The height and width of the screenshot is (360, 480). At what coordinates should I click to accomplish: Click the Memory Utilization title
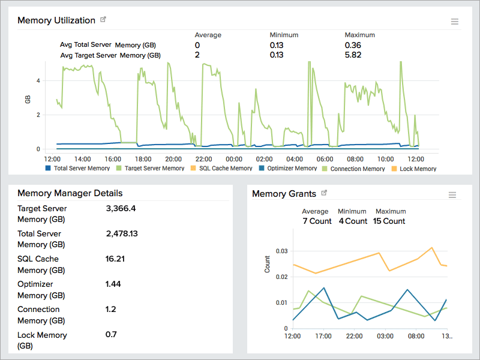pyautogui.click(x=56, y=20)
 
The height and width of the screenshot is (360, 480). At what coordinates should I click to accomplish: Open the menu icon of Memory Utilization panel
pyautogui.click(x=455, y=22)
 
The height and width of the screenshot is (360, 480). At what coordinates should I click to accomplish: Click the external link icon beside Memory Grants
pyautogui.click(x=325, y=193)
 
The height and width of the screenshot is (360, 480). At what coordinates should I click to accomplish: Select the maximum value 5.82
pyautogui.click(x=353, y=55)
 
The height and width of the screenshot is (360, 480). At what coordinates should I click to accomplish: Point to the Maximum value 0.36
pyautogui.click(x=353, y=45)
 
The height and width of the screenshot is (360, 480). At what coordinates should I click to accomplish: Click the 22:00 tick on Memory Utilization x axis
pyautogui.click(x=203, y=159)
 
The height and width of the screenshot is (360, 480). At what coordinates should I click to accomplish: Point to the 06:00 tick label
pyautogui.click(x=325, y=159)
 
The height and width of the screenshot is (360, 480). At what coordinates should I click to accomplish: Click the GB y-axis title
pyautogui.click(x=28, y=100)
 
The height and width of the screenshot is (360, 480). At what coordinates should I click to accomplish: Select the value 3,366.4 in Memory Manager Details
pyautogui.click(x=121, y=209)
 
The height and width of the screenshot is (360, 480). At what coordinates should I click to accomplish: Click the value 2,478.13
pyautogui.click(x=122, y=234)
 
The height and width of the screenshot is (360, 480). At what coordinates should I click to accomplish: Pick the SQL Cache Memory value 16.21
pyautogui.click(x=115, y=259)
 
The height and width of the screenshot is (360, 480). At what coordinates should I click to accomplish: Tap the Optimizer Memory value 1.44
pyautogui.click(x=113, y=284)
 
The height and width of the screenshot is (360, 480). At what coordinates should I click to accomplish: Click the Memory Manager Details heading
pyautogui.click(x=70, y=193)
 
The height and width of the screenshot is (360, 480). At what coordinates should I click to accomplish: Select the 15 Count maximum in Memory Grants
pyautogui.click(x=390, y=221)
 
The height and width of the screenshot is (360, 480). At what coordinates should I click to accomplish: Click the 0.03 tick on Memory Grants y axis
pyautogui.click(x=281, y=250)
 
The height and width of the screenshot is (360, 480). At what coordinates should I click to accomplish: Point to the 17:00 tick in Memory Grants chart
pyautogui.click(x=323, y=336)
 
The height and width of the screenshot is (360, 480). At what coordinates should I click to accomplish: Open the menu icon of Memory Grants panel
pyautogui.click(x=452, y=195)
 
